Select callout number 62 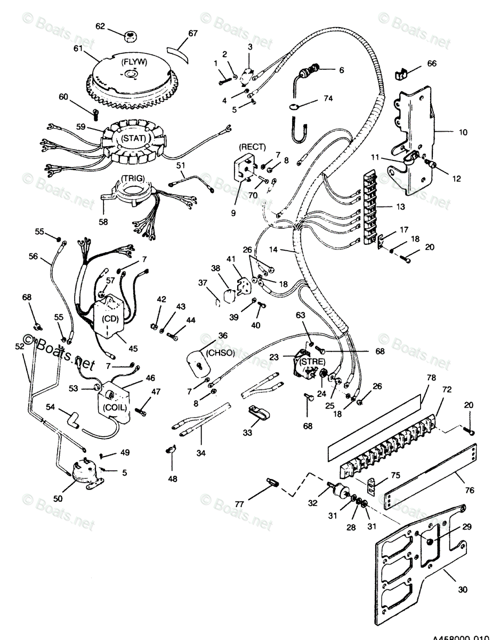pos(101,25)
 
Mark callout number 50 pos(58,498)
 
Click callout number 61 pos(78,49)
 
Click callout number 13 pos(400,206)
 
